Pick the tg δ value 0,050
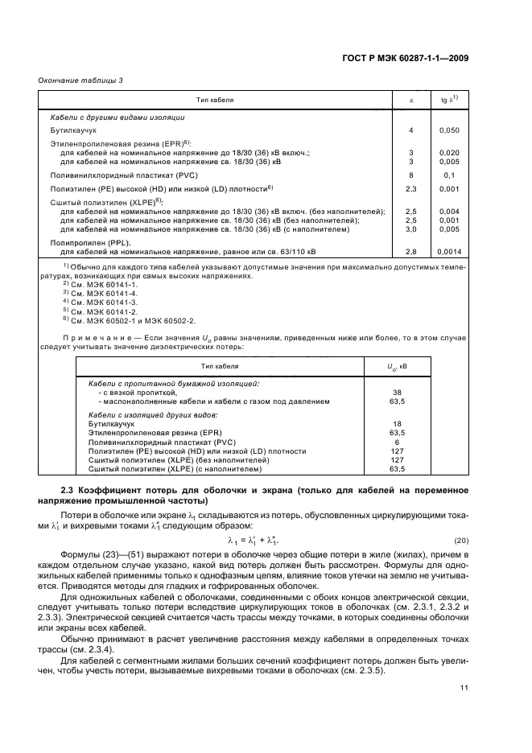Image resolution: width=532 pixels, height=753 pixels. coord(449,129)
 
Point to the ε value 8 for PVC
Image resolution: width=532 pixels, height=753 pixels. coord(410,175)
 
